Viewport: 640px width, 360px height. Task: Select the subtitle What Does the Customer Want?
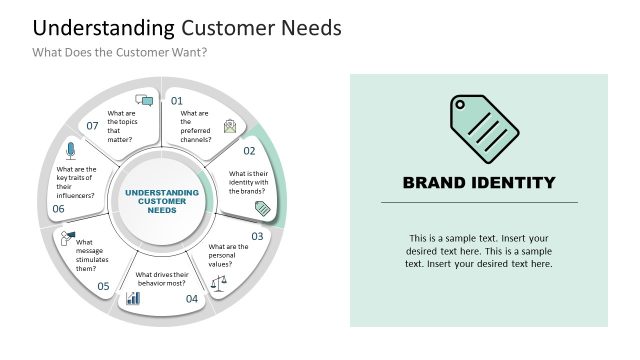(119, 52)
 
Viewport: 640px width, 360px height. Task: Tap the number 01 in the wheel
(177, 101)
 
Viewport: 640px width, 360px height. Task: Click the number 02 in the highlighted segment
(250, 152)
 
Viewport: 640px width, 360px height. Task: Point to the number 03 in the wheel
(257, 236)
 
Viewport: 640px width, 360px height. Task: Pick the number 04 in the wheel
(192, 298)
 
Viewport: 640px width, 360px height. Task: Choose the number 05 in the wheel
(103, 286)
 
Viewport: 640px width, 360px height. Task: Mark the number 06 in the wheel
(58, 209)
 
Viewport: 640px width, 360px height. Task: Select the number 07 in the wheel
(92, 126)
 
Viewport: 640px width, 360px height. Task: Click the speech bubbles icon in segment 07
(145, 100)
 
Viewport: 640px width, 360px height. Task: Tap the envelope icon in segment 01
(230, 125)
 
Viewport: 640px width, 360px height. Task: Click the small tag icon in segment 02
(262, 208)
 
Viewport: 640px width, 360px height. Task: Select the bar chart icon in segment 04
(132, 298)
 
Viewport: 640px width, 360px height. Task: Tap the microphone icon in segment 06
(70, 150)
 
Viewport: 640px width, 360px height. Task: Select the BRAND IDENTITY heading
(478, 182)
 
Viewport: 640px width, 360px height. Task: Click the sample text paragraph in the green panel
(478, 251)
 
